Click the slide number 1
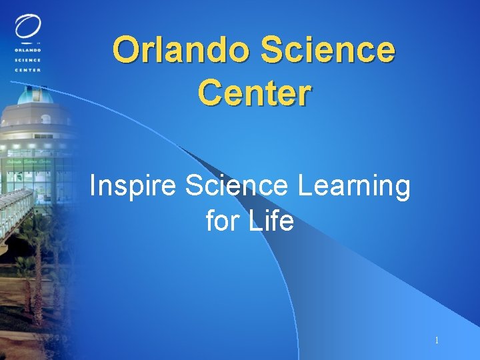(x=437, y=341)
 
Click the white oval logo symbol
(x=27, y=27)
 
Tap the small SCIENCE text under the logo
(x=27, y=59)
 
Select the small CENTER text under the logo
(x=27, y=69)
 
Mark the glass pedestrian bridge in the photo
(x=17, y=207)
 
